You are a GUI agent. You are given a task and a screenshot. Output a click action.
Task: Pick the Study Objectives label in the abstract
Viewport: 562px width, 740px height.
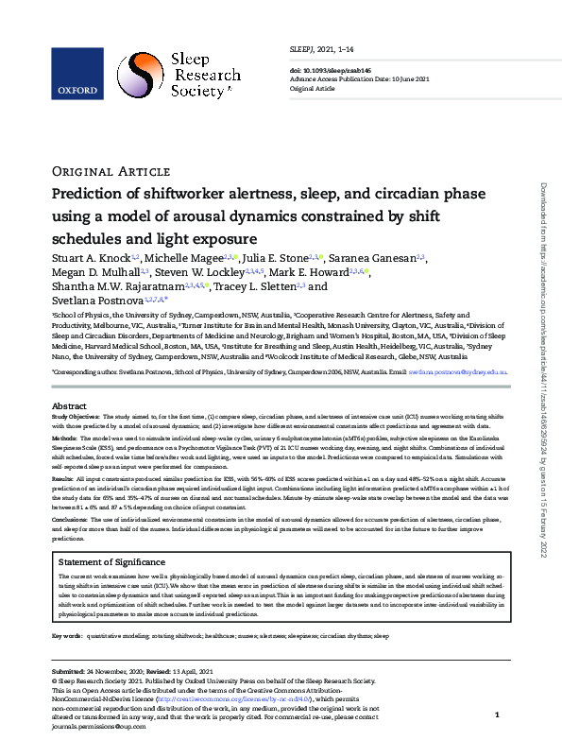point(75,416)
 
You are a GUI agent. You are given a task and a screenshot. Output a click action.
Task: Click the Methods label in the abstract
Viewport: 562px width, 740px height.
point(63,439)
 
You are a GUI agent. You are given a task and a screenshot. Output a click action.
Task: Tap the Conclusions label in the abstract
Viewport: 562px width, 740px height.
point(70,519)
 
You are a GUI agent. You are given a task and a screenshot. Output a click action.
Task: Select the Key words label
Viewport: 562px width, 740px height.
point(67,637)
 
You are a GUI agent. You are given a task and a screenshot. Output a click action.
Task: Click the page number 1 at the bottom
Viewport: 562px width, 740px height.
point(497,716)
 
